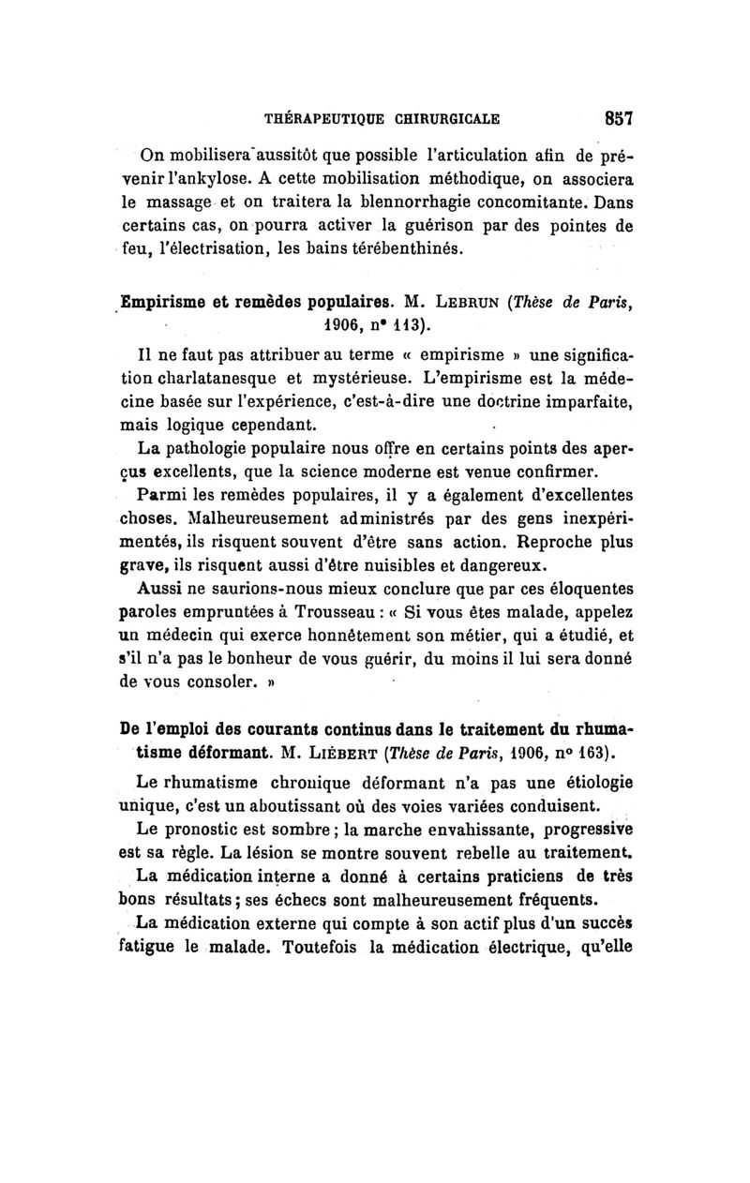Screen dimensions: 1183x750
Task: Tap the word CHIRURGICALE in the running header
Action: [440, 119]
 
